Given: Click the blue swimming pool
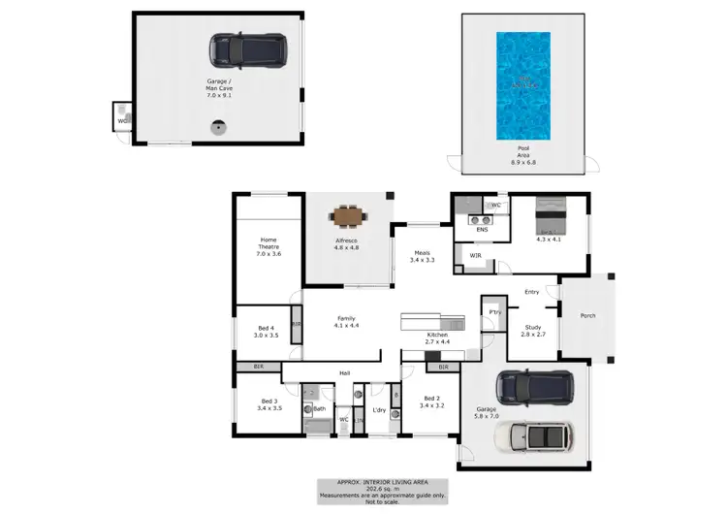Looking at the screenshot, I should pyautogui.click(x=522, y=84).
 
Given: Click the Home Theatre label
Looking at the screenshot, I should pyautogui.click(x=269, y=246).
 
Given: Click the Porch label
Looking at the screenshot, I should pyautogui.click(x=588, y=315).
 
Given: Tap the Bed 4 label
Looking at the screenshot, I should pyautogui.click(x=267, y=331).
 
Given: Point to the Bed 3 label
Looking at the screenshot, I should pyautogui.click(x=270, y=404).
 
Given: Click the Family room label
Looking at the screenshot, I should pyautogui.click(x=345, y=323).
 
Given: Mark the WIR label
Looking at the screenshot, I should pyautogui.click(x=476, y=256).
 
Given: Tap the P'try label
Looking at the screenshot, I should pyautogui.click(x=494, y=311).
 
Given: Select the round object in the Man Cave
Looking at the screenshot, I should pyautogui.click(x=220, y=126).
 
